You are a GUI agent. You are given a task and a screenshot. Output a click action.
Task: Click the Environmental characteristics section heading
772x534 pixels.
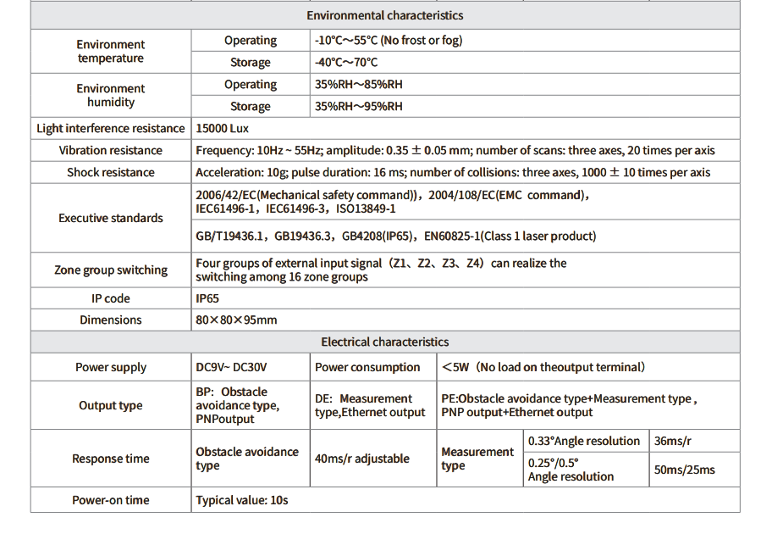tap(384, 15)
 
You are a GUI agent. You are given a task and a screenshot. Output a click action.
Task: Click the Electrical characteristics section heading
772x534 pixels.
tap(384, 342)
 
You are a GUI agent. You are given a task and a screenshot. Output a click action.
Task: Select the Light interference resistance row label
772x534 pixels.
tap(111, 128)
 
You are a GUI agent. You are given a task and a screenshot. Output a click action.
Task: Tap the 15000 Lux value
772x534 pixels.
tap(222, 128)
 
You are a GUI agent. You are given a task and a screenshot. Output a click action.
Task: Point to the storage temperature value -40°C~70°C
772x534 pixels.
tap(346, 63)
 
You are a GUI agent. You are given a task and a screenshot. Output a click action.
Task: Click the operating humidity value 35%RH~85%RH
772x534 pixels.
tap(359, 85)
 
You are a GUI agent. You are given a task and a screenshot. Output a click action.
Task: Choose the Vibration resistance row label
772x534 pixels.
tap(111, 150)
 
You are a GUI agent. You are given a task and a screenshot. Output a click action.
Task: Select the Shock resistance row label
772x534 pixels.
tap(111, 172)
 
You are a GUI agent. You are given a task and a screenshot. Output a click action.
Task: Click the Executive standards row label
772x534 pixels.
tap(111, 218)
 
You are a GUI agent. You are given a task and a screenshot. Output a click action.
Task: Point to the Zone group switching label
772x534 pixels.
tap(111, 270)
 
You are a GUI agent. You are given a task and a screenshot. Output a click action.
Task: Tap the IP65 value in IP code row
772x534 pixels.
tap(207, 298)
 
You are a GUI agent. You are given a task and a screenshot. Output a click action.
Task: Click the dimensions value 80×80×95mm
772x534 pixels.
tap(236, 320)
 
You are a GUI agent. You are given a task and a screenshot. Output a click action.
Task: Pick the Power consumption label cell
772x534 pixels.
tap(367, 367)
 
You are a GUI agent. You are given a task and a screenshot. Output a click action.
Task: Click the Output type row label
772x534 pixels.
tap(111, 405)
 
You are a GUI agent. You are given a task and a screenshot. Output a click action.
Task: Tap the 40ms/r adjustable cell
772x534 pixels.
tap(361, 459)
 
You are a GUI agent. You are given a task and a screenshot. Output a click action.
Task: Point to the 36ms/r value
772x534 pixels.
tap(674, 441)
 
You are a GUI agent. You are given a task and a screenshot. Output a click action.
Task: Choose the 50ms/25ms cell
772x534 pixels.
tap(684, 470)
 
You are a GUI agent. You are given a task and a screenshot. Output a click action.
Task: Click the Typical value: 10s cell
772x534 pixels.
tap(242, 500)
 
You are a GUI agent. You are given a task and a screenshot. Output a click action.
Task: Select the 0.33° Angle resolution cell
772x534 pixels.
tap(584, 441)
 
